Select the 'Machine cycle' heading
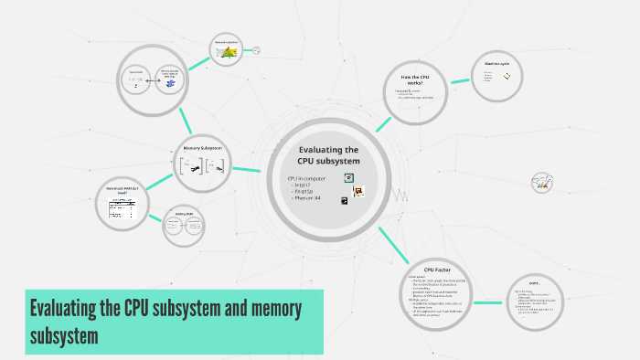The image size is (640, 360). pyautogui.click(x=496, y=63)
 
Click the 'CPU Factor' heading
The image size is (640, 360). pyautogui.click(x=437, y=270)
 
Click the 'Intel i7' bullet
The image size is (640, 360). pyautogui.click(x=304, y=185)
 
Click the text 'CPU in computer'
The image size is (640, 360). pyautogui.click(x=306, y=177)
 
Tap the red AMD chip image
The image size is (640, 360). pyautogui.click(x=359, y=192)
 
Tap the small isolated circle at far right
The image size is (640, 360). pyautogui.click(x=542, y=184)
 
